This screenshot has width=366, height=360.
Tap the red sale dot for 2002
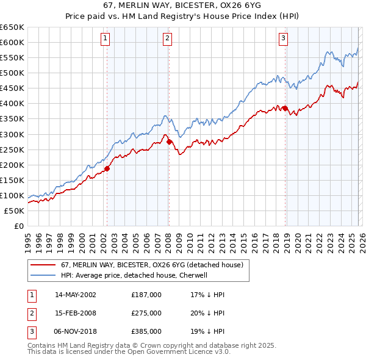pos(107,168)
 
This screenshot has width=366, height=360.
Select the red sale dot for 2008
pos(169,142)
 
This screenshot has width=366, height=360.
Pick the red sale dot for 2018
pos(285,108)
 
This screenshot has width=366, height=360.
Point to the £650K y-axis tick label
pos(12,27)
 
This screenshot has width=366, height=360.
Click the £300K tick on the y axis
pos(12,134)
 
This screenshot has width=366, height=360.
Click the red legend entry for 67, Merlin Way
pos(152,265)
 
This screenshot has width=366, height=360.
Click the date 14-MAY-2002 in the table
pos(75,295)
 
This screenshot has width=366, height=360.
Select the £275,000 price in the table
pos(146,313)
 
